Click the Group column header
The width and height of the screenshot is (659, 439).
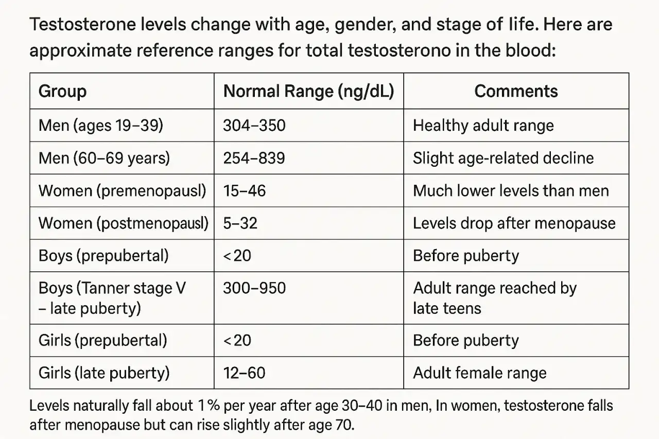pyautogui.click(x=62, y=91)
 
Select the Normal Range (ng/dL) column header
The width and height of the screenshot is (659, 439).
pyautogui.click(x=308, y=91)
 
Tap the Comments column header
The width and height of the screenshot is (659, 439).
pyautogui.click(x=516, y=91)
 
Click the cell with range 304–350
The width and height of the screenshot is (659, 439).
pyautogui.click(x=254, y=126)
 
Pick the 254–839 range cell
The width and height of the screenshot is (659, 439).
pyautogui.click(x=254, y=158)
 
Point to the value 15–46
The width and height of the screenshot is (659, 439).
pyautogui.click(x=245, y=190)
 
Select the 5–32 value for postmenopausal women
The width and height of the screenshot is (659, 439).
pyautogui.click(x=240, y=223)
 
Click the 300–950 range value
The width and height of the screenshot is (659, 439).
pyautogui.click(x=254, y=288)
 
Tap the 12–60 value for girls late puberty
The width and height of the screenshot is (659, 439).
pyautogui.click(x=244, y=373)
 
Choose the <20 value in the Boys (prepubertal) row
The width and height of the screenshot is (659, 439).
pyautogui.click(x=237, y=255)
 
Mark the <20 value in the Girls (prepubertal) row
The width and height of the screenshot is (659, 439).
pyautogui.click(x=237, y=341)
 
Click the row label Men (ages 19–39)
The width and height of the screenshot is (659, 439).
pyautogui.click(x=101, y=126)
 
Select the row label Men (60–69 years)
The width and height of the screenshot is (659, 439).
pyautogui.click(x=104, y=158)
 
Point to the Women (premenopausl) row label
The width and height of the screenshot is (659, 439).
pyautogui.click(x=123, y=191)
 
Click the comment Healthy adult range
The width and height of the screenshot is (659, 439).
pyautogui.click(x=483, y=126)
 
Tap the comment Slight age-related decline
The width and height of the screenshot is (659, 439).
pyautogui.click(x=504, y=158)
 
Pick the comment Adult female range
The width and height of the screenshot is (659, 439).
pyautogui.click(x=480, y=373)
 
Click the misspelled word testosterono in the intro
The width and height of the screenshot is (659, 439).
pyautogui.click(x=399, y=50)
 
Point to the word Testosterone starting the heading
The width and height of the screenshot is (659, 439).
pyautogui.click(x=83, y=24)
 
